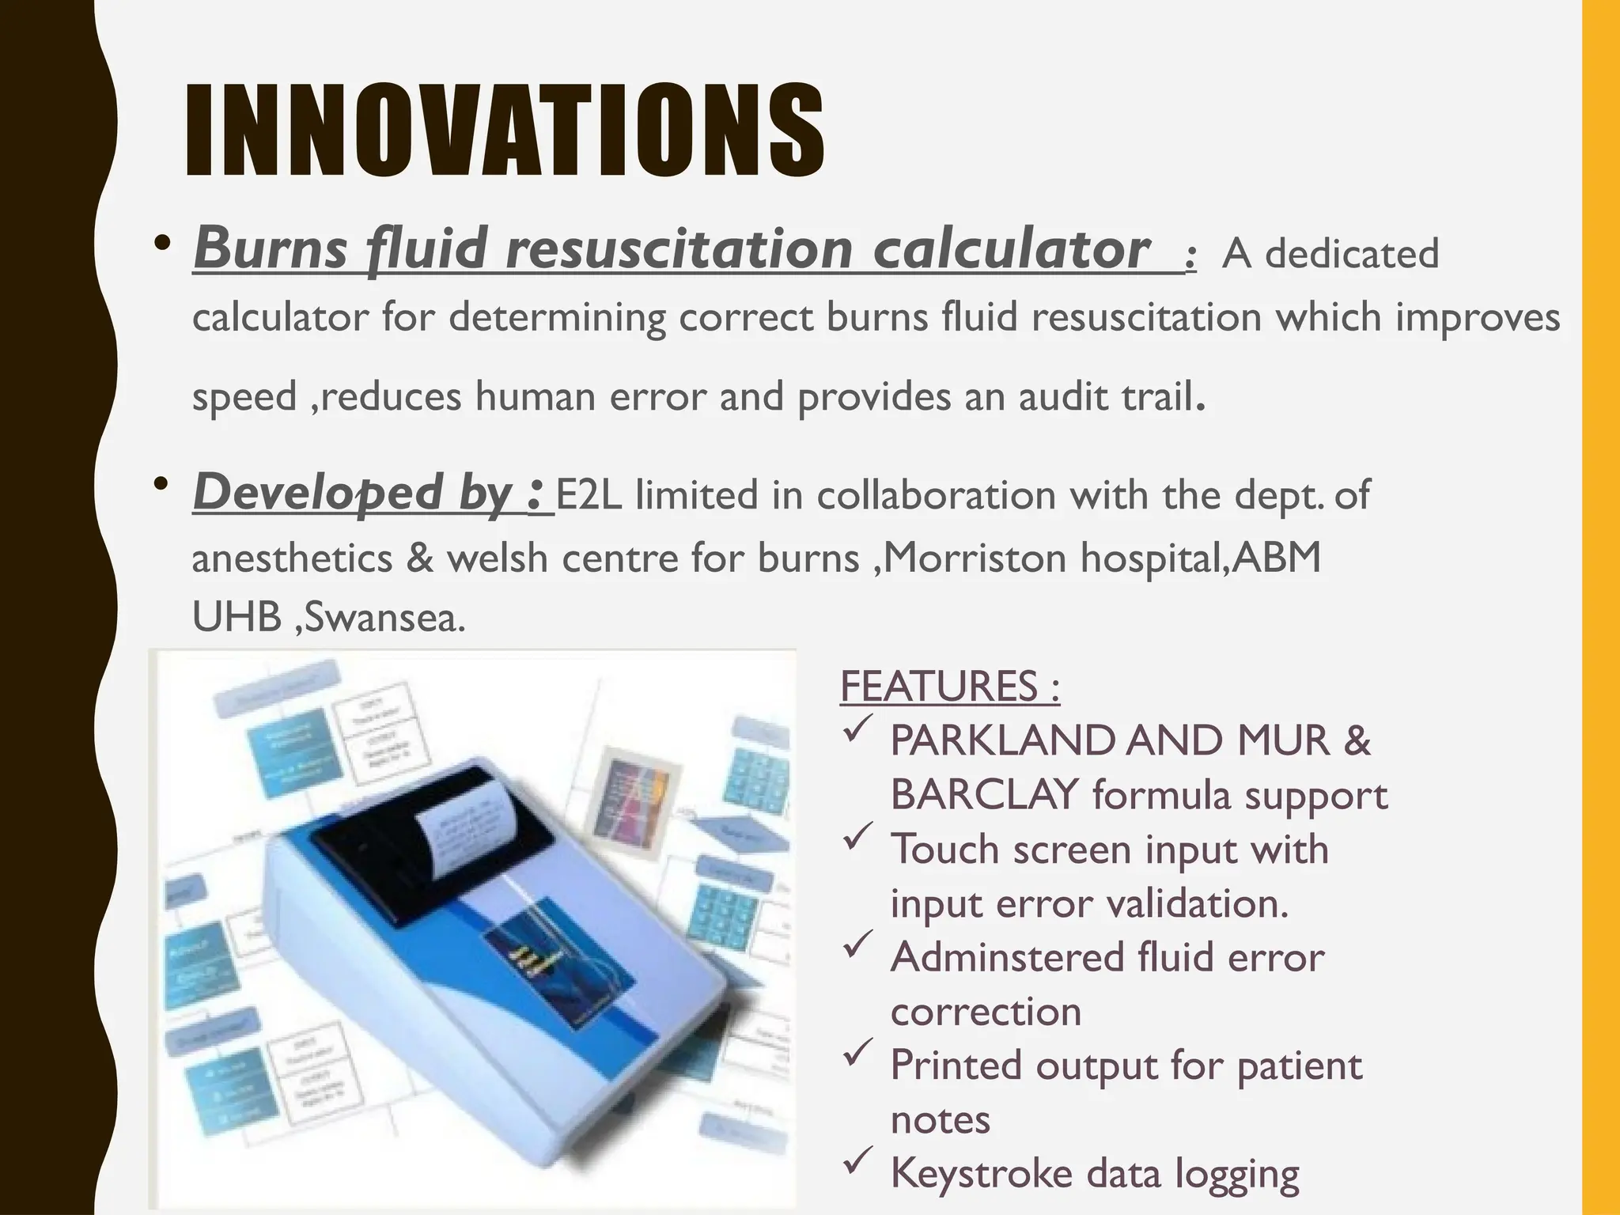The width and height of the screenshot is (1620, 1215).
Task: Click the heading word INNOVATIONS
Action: [505, 131]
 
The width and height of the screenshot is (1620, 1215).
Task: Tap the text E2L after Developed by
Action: [589, 496]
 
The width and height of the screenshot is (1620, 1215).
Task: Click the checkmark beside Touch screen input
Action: [857, 838]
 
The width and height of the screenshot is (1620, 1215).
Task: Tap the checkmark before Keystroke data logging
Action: [857, 1161]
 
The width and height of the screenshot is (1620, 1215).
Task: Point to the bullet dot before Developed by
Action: [163, 483]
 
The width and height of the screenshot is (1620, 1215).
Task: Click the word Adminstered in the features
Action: [1008, 958]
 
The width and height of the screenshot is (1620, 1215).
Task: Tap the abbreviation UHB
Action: [237, 618]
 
